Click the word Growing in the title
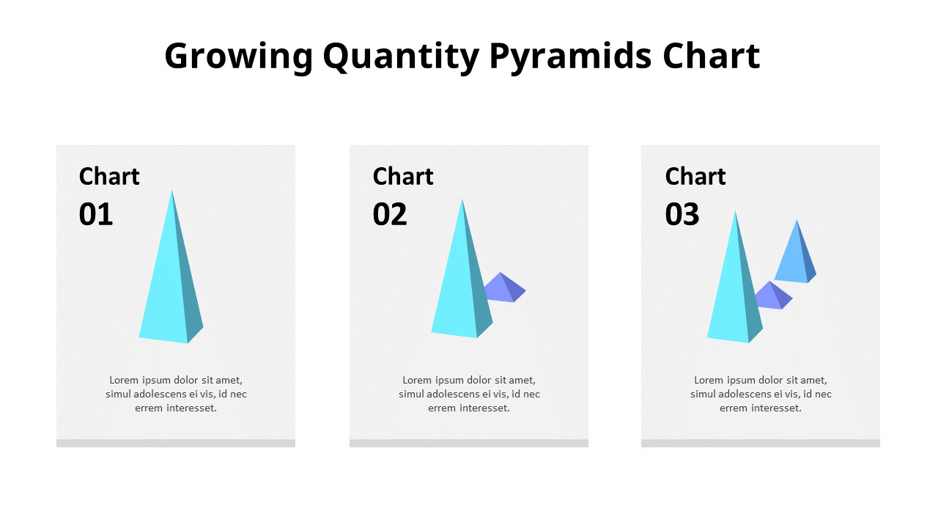(238, 57)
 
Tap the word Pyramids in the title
(570, 57)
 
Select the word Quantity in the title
(400, 57)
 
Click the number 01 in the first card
(96, 215)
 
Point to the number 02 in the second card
(390, 215)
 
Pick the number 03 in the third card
(682, 215)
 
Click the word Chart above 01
(109, 177)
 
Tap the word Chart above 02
(403, 177)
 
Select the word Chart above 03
(695, 177)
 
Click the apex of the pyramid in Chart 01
(172, 191)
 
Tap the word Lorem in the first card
(124, 380)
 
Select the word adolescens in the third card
(745, 394)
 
